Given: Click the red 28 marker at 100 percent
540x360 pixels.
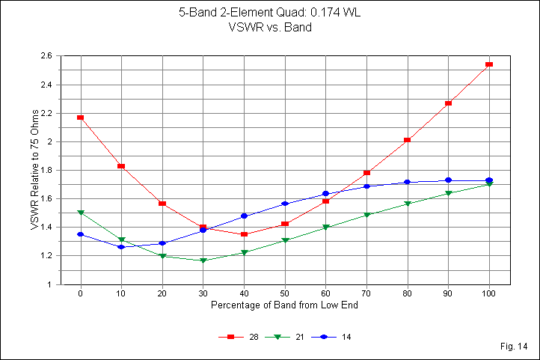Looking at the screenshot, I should pyautogui.click(x=489, y=64).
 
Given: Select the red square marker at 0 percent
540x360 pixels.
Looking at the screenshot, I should pyautogui.click(x=80, y=118).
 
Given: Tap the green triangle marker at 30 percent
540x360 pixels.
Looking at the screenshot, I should pyautogui.click(x=203, y=260).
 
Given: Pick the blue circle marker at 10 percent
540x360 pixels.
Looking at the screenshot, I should pyautogui.click(x=121, y=247).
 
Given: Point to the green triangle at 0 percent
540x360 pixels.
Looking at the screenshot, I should pyautogui.click(x=80, y=213).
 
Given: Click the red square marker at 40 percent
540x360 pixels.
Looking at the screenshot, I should pyautogui.click(x=244, y=234).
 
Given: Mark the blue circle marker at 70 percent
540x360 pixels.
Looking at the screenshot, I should pyautogui.click(x=366, y=186).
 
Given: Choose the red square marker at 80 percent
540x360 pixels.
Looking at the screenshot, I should pyautogui.click(x=408, y=140).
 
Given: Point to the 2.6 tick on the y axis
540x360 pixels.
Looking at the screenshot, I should pyautogui.click(x=46, y=56).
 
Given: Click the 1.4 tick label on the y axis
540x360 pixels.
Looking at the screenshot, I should pyautogui.click(x=46, y=228).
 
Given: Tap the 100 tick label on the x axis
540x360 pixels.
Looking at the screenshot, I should pyautogui.click(x=489, y=294).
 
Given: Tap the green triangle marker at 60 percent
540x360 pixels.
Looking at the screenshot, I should pyautogui.click(x=325, y=228).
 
